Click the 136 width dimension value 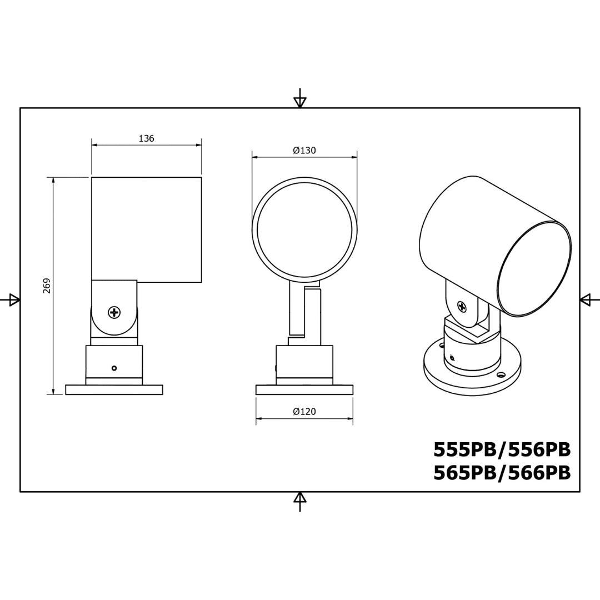click(146, 138)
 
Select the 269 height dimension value click(47, 286)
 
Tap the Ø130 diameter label click(304, 151)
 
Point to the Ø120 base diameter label click(304, 411)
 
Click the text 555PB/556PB click(502, 450)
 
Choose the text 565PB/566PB click(502, 473)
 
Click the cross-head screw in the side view click(114, 312)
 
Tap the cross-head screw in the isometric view click(462, 307)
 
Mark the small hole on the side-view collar click(114, 368)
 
